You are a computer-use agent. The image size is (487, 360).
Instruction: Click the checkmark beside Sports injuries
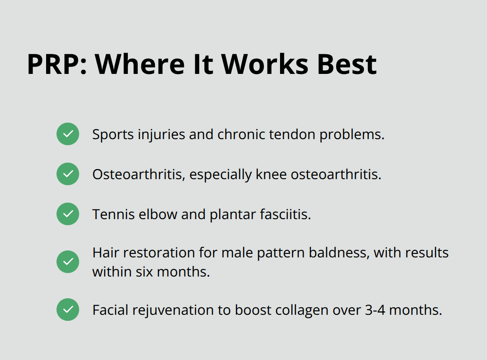(x=68, y=134)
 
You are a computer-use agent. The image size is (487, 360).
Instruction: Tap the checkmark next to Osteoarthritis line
(x=68, y=174)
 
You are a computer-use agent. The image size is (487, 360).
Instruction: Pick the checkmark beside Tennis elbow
(x=68, y=214)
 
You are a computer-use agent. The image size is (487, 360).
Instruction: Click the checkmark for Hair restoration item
(x=68, y=262)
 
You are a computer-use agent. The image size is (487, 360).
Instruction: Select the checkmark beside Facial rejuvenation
(x=68, y=310)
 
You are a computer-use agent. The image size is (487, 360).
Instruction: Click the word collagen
(x=297, y=310)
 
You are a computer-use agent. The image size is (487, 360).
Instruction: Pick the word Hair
(x=103, y=253)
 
